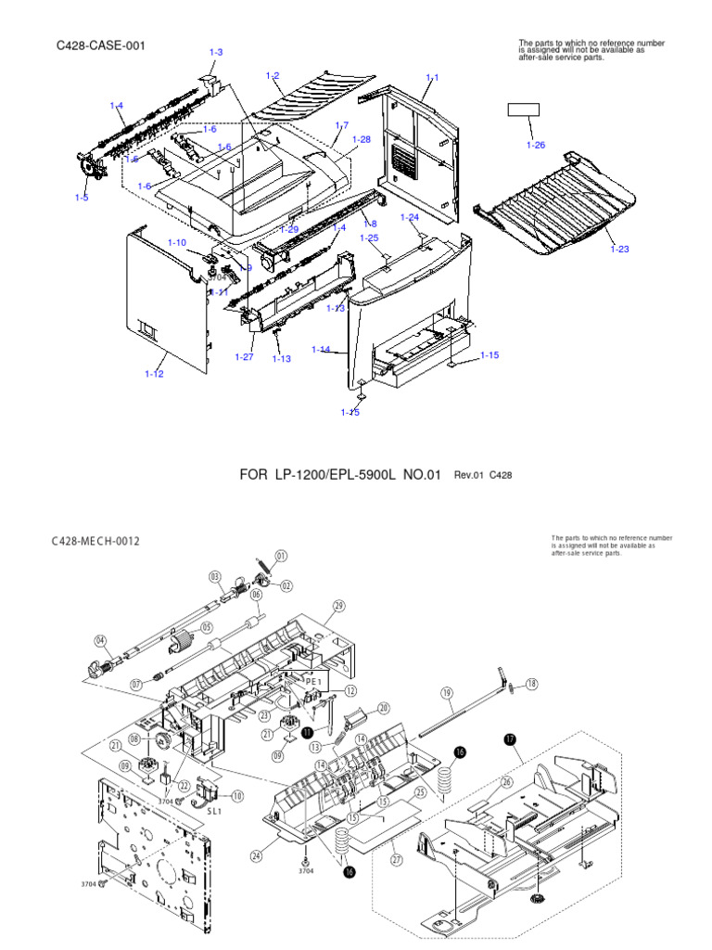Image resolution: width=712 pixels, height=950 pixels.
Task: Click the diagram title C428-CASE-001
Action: pos(101,45)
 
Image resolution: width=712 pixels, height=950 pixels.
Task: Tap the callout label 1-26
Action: pos(536,145)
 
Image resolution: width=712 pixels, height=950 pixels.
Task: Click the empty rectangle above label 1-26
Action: pos(523,110)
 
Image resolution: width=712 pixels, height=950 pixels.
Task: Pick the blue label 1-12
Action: pos(154,374)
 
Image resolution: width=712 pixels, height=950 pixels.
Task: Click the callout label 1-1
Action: pos(432,77)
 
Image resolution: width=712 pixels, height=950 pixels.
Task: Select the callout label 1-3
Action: pos(216,53)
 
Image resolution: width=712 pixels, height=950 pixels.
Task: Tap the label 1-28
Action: pos(361,139)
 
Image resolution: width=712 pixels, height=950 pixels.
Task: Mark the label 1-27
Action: pos(244,357)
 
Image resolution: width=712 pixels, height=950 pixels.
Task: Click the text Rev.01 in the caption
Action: pos(469,475)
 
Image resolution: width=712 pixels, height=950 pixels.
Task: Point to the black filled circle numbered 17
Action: pos(509,739)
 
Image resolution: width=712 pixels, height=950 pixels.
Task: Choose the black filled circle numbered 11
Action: pos(307,732)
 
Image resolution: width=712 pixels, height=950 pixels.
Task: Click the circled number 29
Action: pos(338,606)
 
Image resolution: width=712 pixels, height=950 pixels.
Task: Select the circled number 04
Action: pos(101,640)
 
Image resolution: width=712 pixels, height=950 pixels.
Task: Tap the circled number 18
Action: pos(531,684)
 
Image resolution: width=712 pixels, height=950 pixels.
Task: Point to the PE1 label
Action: pos(311,680)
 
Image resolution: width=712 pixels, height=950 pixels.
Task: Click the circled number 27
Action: pos(397,860)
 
